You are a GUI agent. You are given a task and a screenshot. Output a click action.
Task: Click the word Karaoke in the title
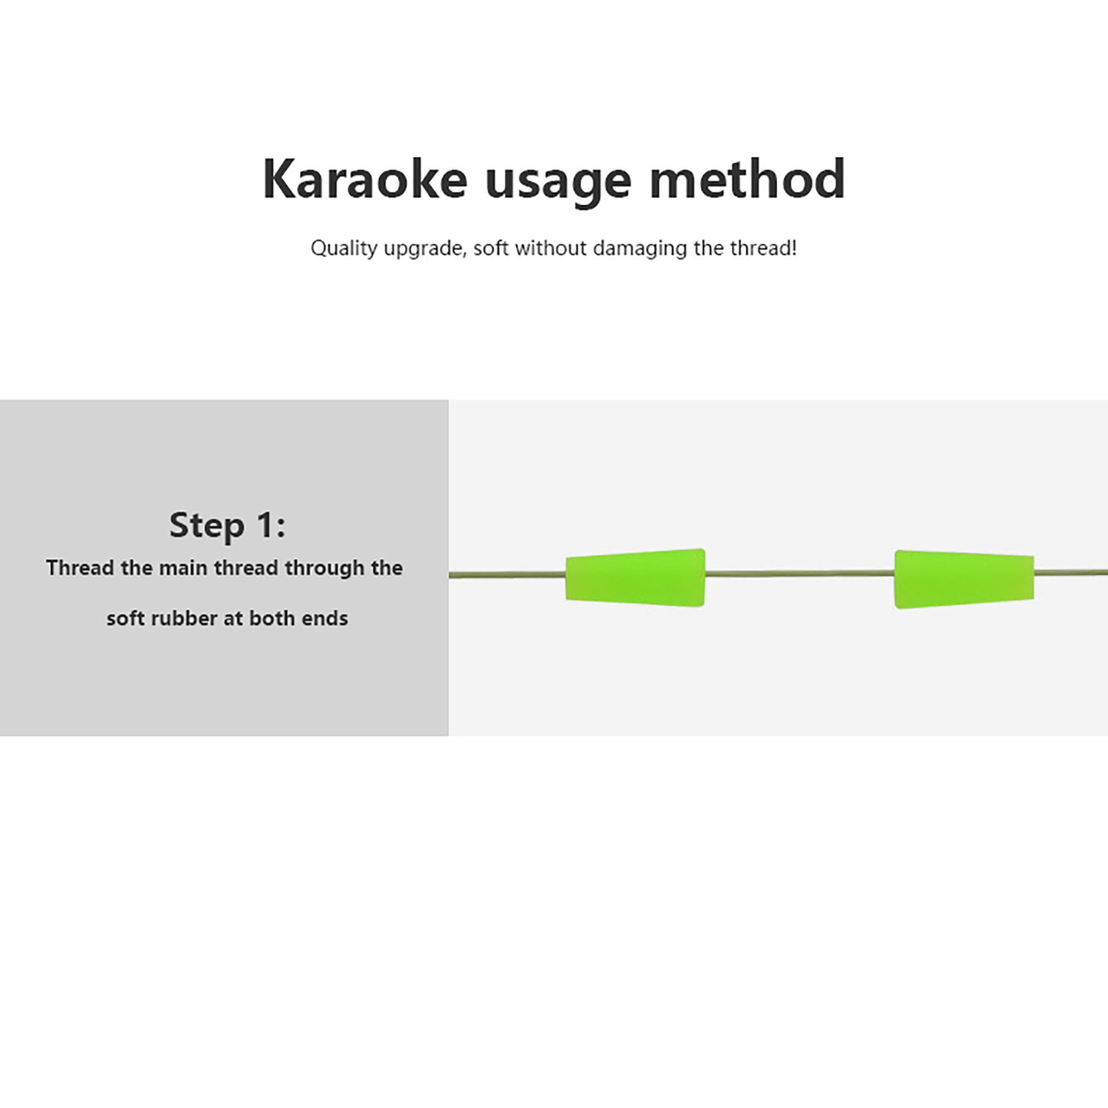click(x=365, y=179)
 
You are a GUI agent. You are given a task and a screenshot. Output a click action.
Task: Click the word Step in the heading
click(x=207, y=526)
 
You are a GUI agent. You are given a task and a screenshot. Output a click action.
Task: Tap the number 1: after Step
click(x=271, y=526)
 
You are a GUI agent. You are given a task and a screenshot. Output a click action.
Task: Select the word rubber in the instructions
click(x=185, y=618)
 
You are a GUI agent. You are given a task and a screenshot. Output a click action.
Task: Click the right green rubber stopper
click(x=964, y=579)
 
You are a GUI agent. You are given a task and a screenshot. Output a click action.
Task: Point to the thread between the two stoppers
click(x=800, y=573)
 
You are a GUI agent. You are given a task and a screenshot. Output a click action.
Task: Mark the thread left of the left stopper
click(x=508, y=575)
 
